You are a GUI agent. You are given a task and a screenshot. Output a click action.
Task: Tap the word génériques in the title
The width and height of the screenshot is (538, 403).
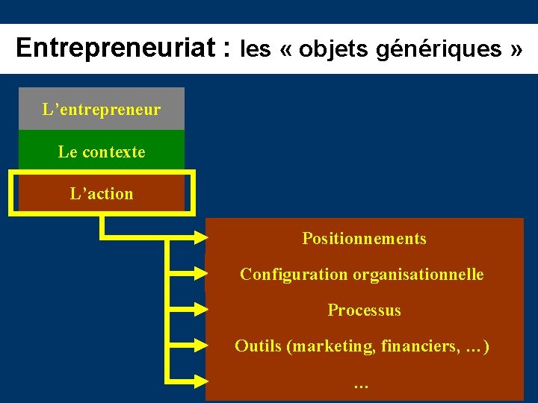[x=439, y=49]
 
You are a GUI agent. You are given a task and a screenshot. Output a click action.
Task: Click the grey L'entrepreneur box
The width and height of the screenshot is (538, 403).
[x=102, y=110]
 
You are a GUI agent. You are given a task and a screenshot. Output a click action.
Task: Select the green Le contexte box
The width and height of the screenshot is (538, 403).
[x=102, y=151]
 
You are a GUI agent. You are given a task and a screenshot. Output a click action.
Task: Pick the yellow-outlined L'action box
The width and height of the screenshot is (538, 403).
[x=102, y=193]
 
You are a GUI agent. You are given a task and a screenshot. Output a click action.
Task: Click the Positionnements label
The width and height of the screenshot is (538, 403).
[x=364, y=239]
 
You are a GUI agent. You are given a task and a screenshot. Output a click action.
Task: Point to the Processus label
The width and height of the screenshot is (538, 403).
[x=364, y=310]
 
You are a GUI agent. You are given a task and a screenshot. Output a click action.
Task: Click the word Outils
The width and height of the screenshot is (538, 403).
[x=259, y=346]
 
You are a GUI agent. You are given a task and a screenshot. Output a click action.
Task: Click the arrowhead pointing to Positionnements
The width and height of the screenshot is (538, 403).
[x=200, y=239]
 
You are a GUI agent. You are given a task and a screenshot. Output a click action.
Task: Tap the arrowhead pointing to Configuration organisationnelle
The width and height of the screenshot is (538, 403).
[x=200, y=275]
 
